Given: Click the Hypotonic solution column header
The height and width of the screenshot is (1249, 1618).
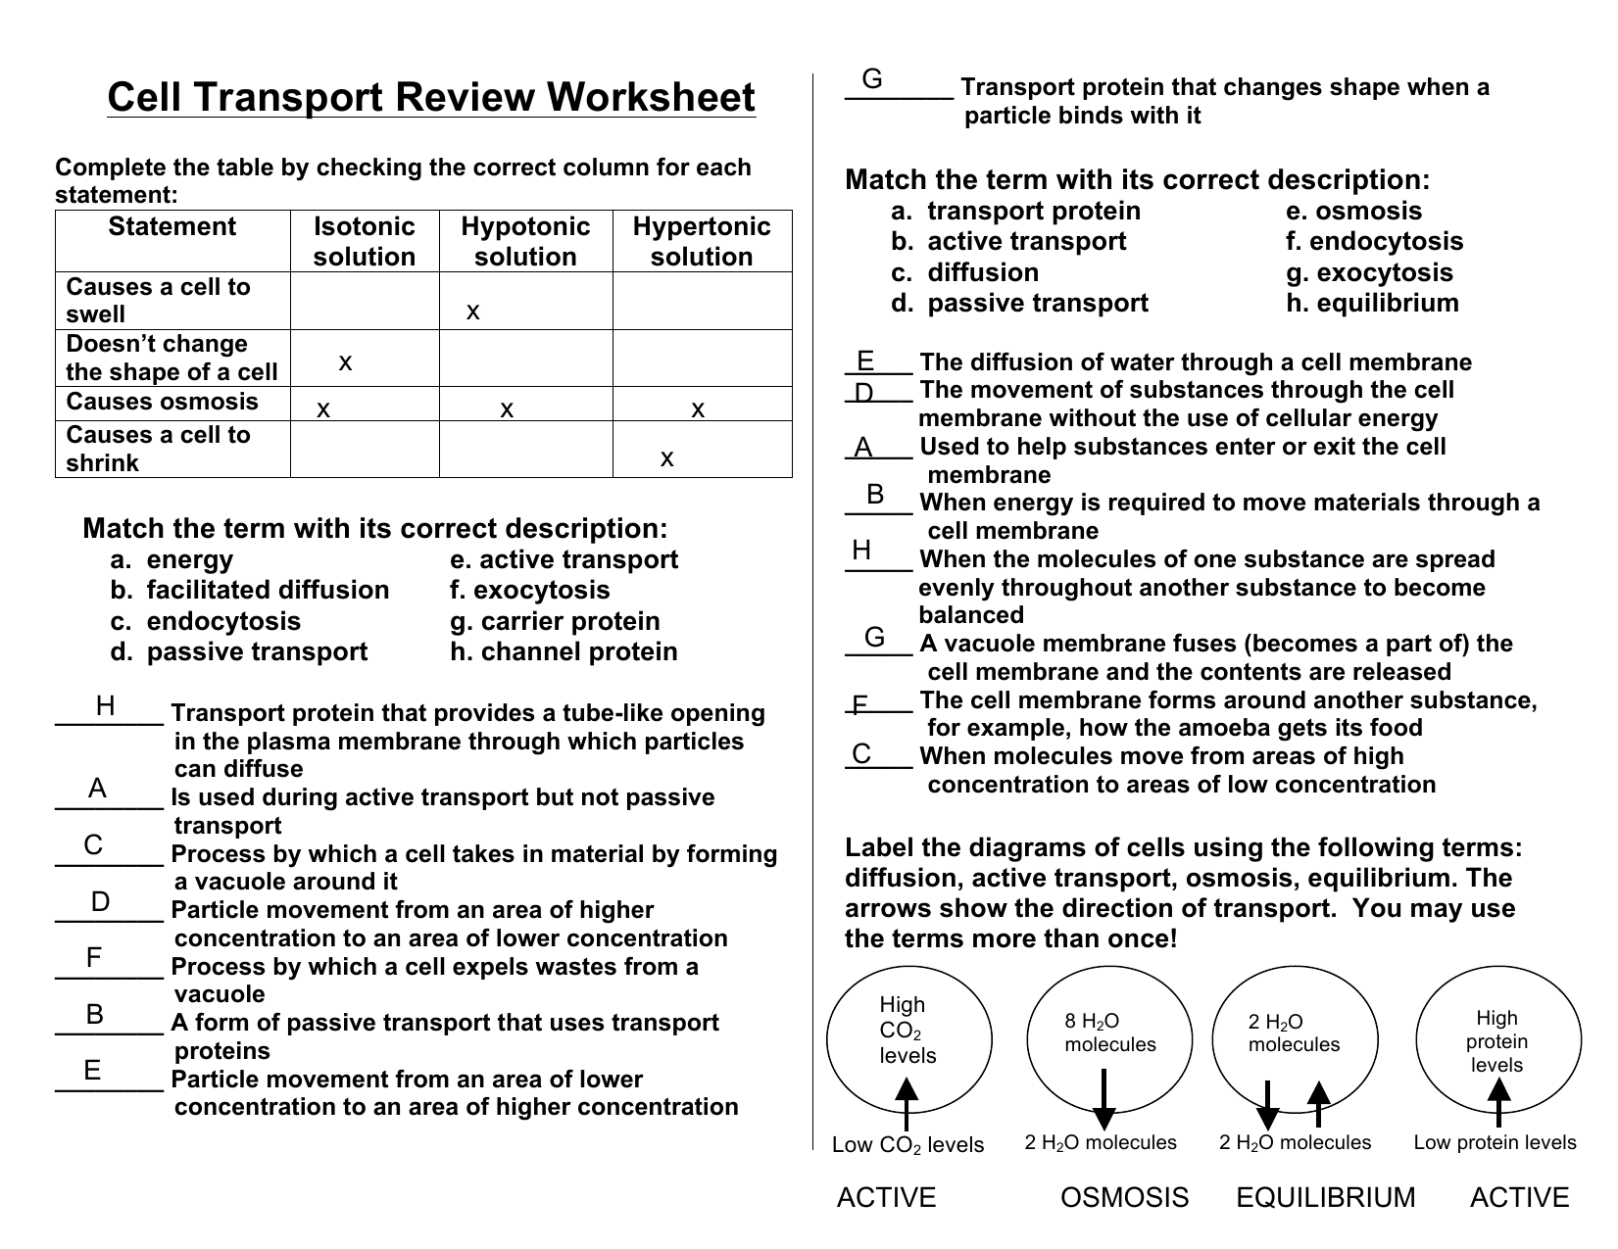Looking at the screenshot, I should pos(525,241).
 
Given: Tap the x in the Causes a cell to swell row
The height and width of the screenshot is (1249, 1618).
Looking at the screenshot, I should pos(473,312).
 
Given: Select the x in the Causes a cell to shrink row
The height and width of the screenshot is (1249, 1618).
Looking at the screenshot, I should pos(667,458).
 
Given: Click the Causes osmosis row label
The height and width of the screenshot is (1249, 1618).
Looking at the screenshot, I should pos(162,402).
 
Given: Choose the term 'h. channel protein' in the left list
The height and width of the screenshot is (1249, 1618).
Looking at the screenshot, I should pos(564,651).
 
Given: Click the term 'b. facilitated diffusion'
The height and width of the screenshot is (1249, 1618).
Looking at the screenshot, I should pos(250,590).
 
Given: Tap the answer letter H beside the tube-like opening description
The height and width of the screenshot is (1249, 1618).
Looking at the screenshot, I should pos(106,706).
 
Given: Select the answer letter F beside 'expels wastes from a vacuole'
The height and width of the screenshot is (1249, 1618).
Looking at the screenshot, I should pos(94,958).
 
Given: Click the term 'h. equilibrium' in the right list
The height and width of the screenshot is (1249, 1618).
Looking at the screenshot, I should pos(1372,303).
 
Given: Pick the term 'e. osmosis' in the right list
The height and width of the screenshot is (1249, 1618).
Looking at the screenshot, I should pos(1353,211).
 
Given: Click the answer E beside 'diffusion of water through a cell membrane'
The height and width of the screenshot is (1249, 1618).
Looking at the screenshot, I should pos(865,361).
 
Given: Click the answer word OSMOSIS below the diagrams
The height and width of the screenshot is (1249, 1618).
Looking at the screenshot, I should pos(1124,1198).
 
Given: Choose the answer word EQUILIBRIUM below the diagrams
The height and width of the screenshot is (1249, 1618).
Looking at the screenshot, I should pos(1325,1198).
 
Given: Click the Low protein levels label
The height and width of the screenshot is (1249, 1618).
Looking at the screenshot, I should pos(1495,1142).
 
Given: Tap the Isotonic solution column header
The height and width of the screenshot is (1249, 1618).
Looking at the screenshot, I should pos(365,241).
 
